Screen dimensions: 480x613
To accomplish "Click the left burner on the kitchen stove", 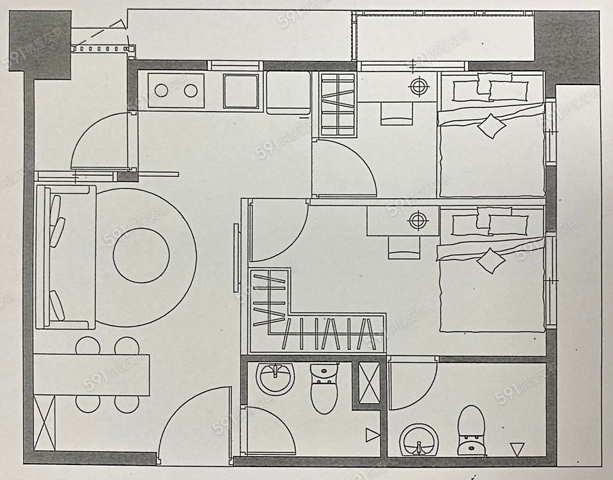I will point(162,90).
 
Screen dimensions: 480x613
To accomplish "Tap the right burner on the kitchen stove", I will point(191,90).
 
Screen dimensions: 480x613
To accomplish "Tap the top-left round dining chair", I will point(87,347).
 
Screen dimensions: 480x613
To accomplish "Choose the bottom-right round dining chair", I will point(127,402).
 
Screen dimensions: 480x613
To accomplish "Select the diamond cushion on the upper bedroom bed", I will point(490,125).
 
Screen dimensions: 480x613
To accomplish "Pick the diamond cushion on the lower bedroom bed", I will point(490,260).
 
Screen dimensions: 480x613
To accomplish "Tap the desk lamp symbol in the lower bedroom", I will point(417,220).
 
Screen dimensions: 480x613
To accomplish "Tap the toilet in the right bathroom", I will point(471,430).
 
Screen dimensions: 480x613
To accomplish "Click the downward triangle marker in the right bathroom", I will point(518,449).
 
